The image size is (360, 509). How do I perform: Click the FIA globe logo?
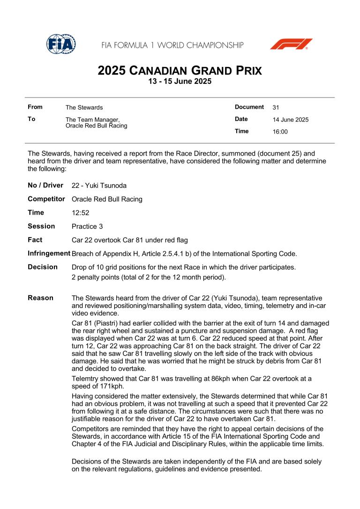coord(60,44)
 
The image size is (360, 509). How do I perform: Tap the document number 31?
coord(276,107)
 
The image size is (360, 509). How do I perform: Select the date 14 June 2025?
coord(291,120)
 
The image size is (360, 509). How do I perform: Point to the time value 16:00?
coord(280,132)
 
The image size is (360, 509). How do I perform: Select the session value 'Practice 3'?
coord(87,226)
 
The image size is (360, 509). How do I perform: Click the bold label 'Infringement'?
coord(49,254)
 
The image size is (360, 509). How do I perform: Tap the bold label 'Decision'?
coord(43,267)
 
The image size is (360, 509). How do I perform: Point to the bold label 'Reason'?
coord(40,298)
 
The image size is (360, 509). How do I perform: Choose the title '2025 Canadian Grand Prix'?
coord(180,71)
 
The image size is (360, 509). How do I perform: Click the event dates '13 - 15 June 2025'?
coord(180,82)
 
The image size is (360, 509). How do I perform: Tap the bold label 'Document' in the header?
coord(249,107)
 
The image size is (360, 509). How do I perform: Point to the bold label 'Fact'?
coord(35,240)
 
